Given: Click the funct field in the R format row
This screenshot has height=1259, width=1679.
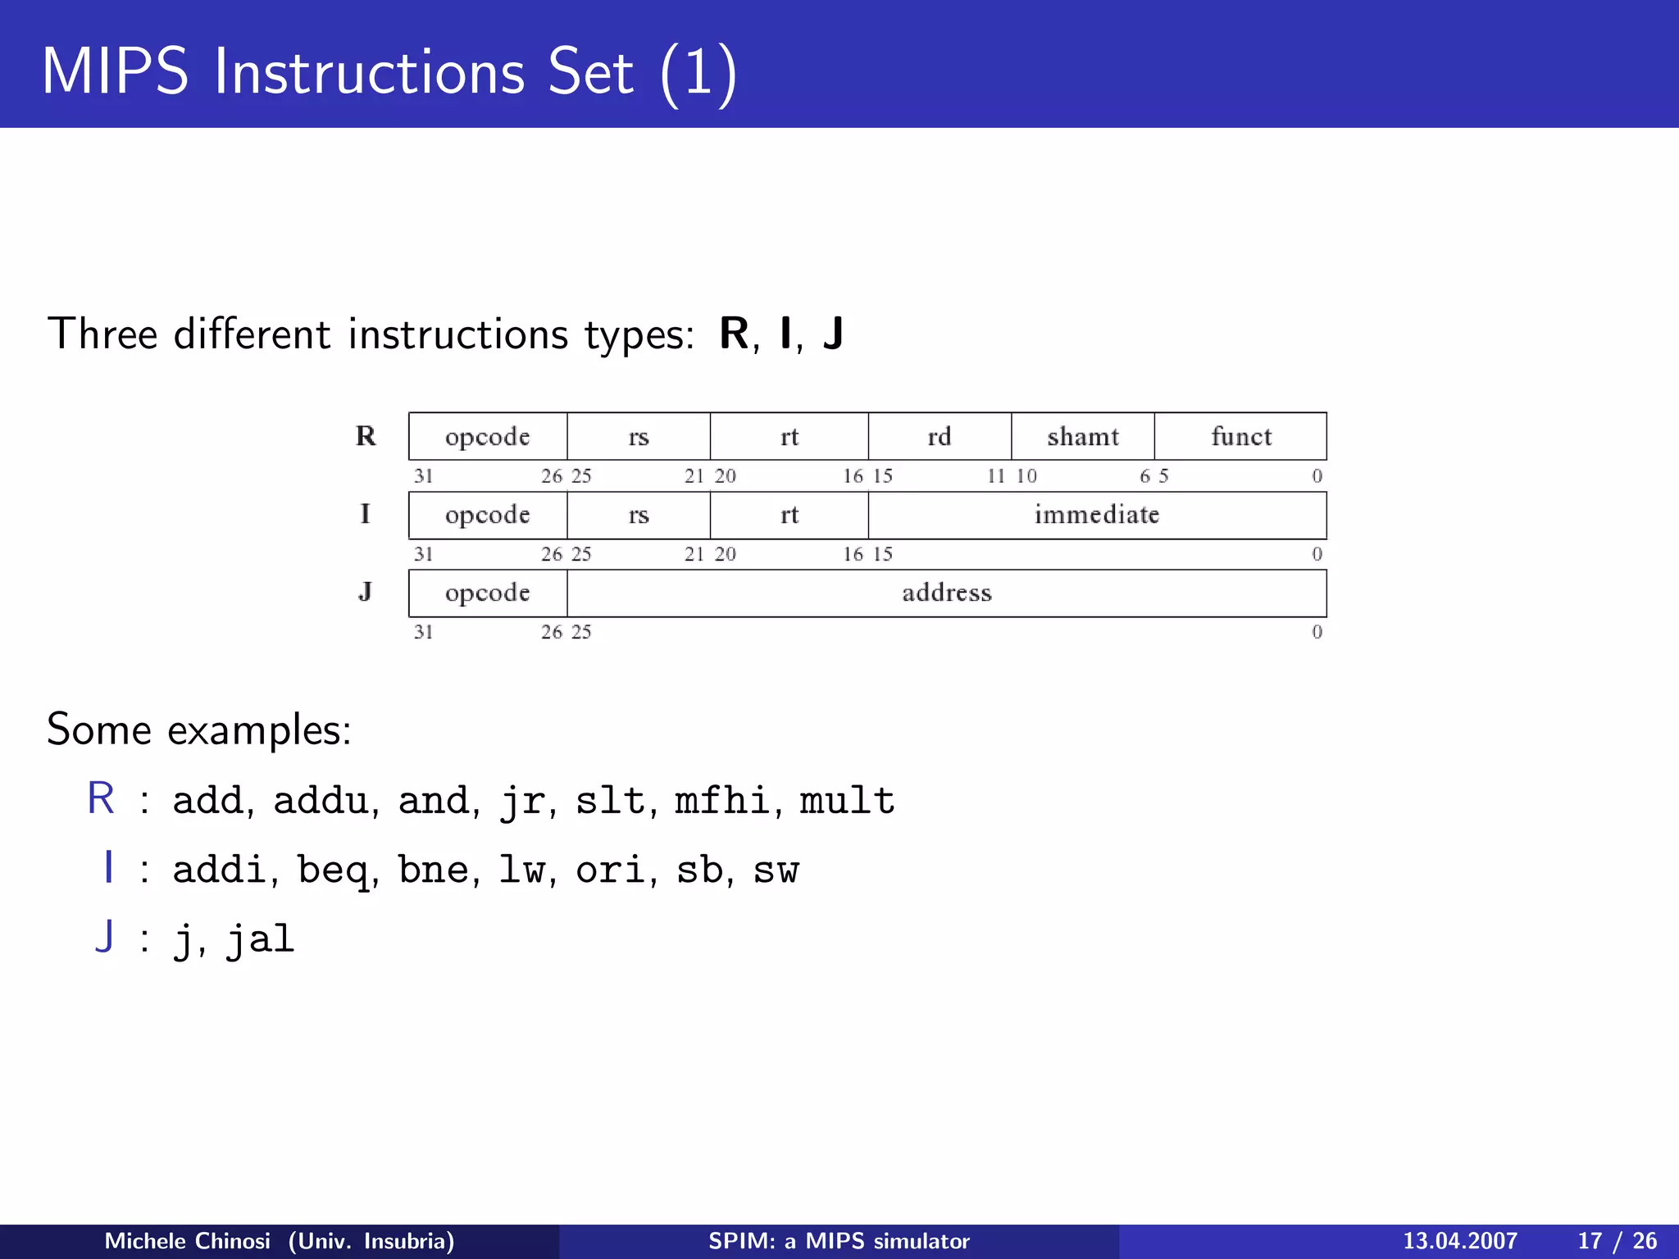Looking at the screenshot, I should pyautogui.click(x=1240, y=437).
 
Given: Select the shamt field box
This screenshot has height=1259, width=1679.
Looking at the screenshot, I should pyautogui.click(x=1082, y=437).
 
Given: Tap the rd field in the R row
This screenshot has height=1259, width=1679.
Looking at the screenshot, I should pyautogui.click(x=940, y=437).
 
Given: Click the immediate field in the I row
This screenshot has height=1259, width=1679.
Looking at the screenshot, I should pyautogui.click(x=1097, y=515).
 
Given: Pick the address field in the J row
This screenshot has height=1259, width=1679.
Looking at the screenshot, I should pyautogui.click(x=946, y=593).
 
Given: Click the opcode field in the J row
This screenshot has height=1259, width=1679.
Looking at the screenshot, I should pyautogui.click(x=488, y=593).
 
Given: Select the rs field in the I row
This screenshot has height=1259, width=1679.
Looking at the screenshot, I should pyautogui.click(x=639, y=515).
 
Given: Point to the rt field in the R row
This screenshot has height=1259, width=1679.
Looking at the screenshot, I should pyautogui.click(x=789, y=437).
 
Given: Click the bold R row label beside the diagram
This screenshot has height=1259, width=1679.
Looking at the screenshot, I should pyautogui.click(x=366, y=436).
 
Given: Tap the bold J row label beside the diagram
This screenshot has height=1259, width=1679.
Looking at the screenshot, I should pyautogui.click(x=366, y=591).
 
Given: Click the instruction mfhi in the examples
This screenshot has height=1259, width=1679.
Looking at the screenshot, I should pyautogui.click(x=721, y=800).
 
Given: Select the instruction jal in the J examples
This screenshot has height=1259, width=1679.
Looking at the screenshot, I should pyautogui.click(x=260, y=939).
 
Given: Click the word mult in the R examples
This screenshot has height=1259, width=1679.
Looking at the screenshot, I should pyautogui.click(x=847, y=800).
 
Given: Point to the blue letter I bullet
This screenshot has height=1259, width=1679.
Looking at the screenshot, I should pyautogui.click(x=108, y=867).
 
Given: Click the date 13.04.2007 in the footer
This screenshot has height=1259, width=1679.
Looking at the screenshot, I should pyautogui.click(x=1460, y=1241).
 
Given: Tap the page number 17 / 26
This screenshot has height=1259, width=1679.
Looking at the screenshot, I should pyautogui.click(x=1617, y=1241).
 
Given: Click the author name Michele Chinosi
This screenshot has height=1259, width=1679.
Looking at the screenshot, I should pyautogui.click(x=187, y=1241).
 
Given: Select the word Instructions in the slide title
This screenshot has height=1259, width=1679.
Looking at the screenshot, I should pyautogui.click(x=370, y=72).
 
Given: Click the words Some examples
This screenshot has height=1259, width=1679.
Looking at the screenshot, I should pyautogui.click(x=198, y=729).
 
